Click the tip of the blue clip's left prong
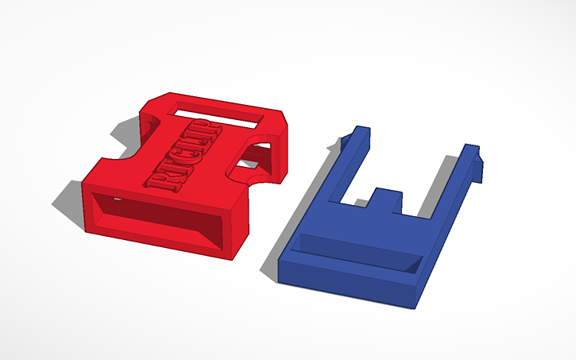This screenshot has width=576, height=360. [x=361, y=130]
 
